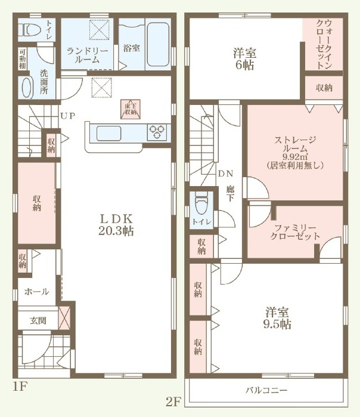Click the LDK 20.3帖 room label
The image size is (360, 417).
[x=116, y=225]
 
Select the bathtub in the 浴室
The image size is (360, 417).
[x=158, y=44]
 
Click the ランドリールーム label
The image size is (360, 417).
[x=87, y=55]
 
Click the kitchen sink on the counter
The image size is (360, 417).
[x=109, y=133]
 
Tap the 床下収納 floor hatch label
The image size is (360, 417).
[x=131, y=109]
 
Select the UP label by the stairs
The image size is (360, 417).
[x=67, y=116]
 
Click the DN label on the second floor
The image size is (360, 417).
[x=225, y=174]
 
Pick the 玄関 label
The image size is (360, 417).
[x=38, y=321]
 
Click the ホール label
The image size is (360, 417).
[x=37, y=292]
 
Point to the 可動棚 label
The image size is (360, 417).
[x=22, y=58]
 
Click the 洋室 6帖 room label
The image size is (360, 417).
[x=245, y=59]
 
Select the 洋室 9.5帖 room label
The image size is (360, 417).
[x=277, y=318]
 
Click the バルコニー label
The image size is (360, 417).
[x=266, y=390]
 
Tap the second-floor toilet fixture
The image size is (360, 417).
[x=201, y=203]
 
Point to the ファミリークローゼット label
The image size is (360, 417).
[x=295, y=232]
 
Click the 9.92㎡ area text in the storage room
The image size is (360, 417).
[x=294, y=156]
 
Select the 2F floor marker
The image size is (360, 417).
[x=173, y=402]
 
